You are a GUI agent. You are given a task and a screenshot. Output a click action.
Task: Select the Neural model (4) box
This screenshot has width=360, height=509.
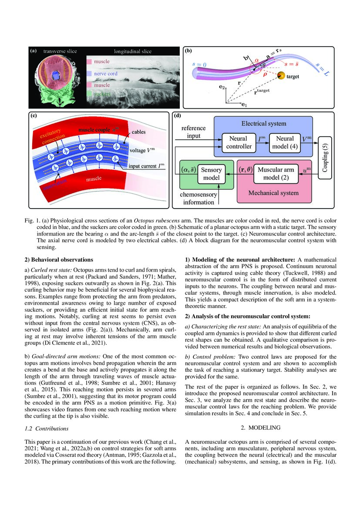pos(285,142)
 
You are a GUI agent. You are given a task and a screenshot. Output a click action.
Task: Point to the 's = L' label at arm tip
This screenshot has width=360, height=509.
pos(321,69)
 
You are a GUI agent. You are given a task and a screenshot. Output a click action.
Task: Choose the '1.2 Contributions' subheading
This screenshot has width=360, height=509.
pos(47,428)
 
